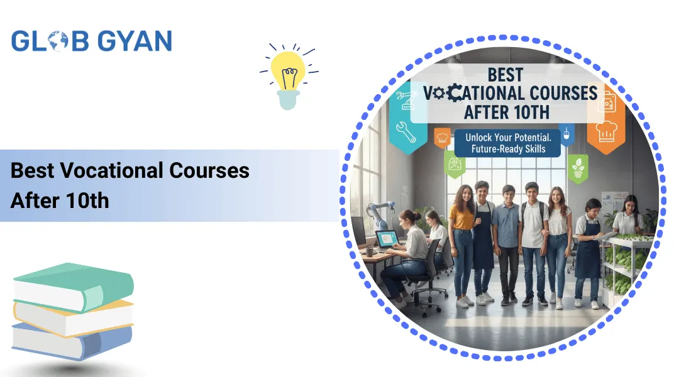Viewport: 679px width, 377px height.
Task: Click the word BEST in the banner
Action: pos(505,75)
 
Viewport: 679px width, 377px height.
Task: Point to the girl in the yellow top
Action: pos(462,239)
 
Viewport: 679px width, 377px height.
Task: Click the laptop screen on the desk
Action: pos(387,238)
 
